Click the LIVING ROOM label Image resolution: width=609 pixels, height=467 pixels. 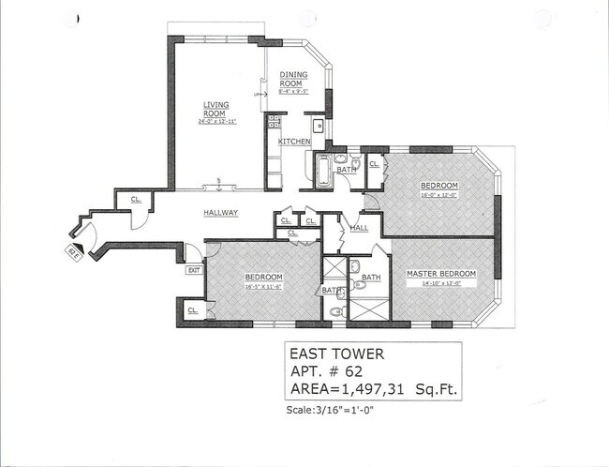[x=217, y=109]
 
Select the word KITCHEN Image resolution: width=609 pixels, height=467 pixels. [x=294, y=142]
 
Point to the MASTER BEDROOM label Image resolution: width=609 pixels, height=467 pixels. [x=441, y=274]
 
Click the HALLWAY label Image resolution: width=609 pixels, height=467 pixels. [x=221, y=213]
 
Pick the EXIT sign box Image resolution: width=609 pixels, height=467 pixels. [x=194, y=270]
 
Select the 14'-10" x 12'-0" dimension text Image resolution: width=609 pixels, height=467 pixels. [x=440, y=284]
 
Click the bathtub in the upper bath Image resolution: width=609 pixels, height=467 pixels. [x=321, y=171]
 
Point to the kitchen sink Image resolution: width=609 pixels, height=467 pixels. [x=319, y=124]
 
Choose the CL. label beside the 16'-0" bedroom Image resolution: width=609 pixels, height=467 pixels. [x=374, y=164]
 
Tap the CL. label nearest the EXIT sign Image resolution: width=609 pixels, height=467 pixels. [x=193, y=309]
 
